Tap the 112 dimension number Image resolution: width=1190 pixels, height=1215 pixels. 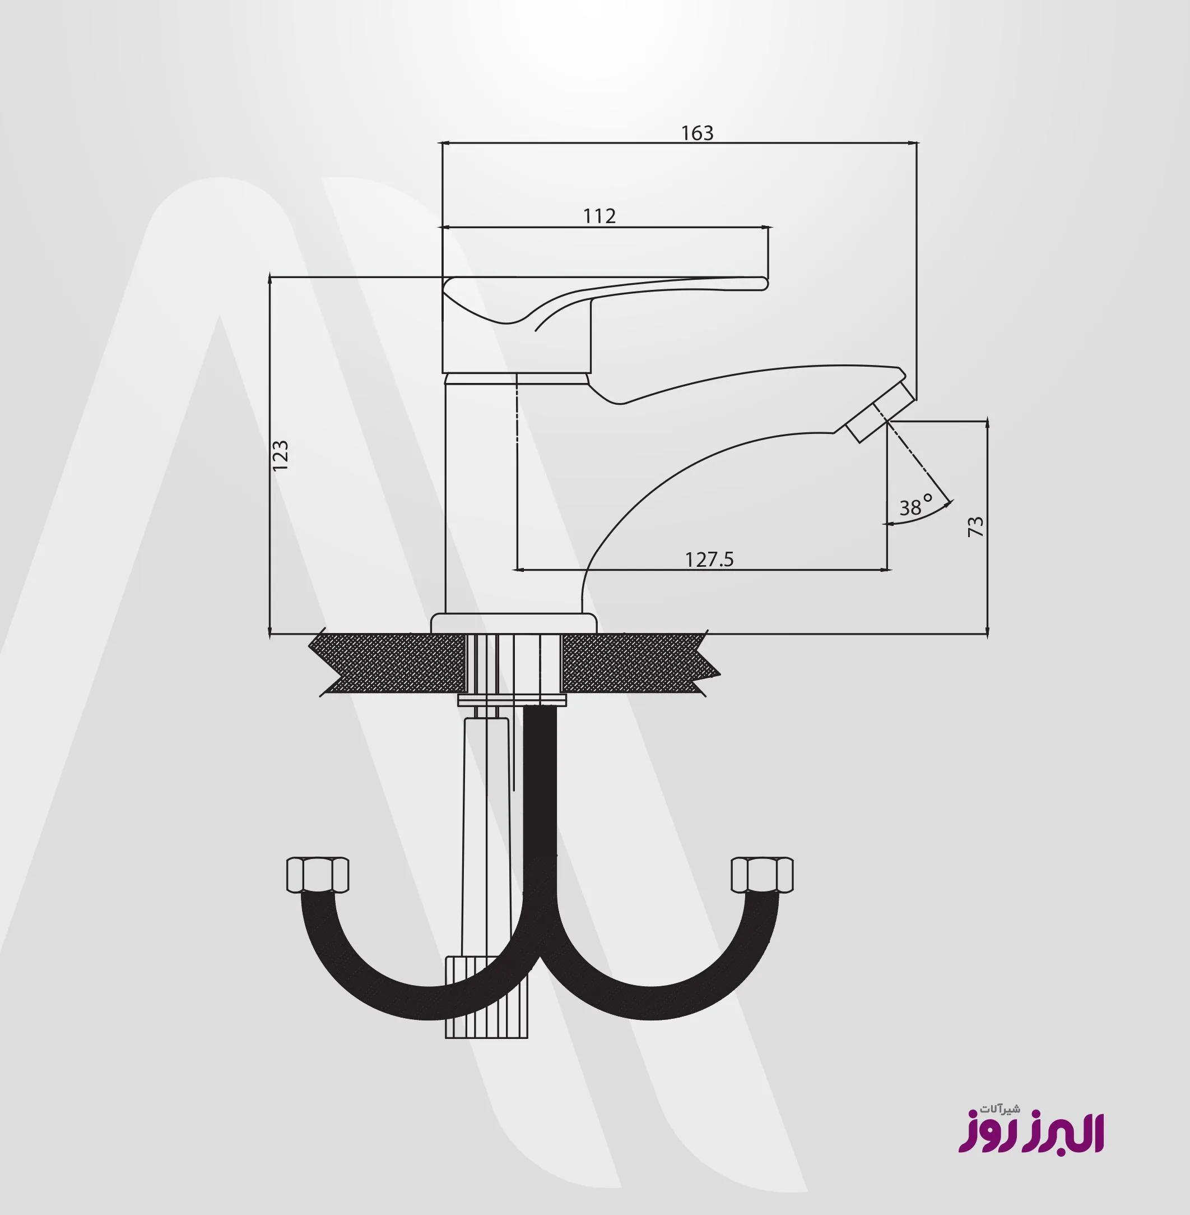[x=599, y=216]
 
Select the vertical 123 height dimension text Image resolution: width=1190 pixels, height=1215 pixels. [x=280, y=455]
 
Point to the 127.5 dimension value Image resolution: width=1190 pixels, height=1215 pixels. [x=709, y=559]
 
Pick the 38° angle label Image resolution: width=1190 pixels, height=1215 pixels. [x=915, y=505]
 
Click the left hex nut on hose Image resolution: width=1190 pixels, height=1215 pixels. [x=318, y=875]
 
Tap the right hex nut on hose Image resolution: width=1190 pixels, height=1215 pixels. [x=762, y=875]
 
